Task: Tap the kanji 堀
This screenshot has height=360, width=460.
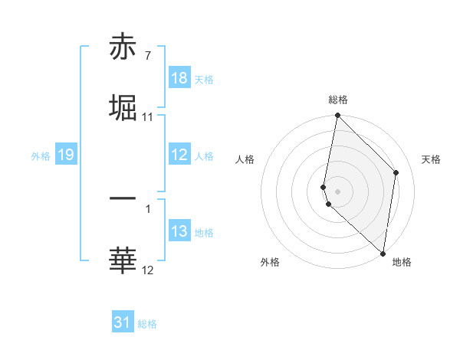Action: click(x=123, y=108)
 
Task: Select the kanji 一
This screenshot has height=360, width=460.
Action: click(x=123, y=199)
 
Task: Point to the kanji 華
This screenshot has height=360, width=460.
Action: click(x=123, y=261)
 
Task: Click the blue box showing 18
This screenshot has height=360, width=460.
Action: click(x=179, y=78)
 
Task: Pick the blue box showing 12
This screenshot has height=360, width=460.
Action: click(x=179, y=155)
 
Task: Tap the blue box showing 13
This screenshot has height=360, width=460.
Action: click(x=179, y=231)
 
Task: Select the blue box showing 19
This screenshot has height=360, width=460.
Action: click(x=66, y=155)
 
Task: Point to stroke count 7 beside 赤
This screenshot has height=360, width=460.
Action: click(x=147, y=56)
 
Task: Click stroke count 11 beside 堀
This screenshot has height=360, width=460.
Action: click(x=148, y=117)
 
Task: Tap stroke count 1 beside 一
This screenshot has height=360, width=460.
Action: click(x=147, y=208)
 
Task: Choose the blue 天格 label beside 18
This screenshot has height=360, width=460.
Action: click(x=204, y=80)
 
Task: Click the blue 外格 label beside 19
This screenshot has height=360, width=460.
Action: click(x=41, y=156)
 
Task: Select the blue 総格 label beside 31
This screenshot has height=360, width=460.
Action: click(x=147, y=325)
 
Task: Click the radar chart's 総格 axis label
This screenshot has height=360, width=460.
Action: click(x=337, y=100)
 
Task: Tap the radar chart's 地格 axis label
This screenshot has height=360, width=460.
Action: click(x=402, y=262)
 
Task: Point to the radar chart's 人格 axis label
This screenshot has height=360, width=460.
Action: click(x=245, y=159)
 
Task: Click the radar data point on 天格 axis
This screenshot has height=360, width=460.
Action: click(x=396, y=172)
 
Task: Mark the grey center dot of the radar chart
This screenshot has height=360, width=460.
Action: click(x=337, y=190)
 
